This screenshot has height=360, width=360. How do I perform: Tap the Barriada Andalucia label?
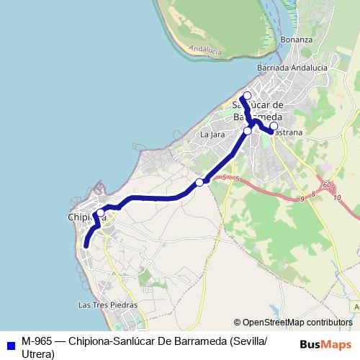coord(292,68)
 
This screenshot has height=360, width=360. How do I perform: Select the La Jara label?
coord(209,135)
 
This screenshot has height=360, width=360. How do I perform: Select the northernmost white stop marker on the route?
coord(248,96)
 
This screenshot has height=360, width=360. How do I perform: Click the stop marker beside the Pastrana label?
coord(274,126)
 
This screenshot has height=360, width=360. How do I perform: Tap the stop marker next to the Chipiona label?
coord(100,212)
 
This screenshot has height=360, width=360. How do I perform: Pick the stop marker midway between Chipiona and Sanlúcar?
coord(199,182)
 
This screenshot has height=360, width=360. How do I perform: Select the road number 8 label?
coord(314,194)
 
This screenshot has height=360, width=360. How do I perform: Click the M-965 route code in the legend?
coord(37,341)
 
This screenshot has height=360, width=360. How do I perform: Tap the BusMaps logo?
coord(325,343)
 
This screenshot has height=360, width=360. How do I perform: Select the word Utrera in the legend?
coord(38,354)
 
